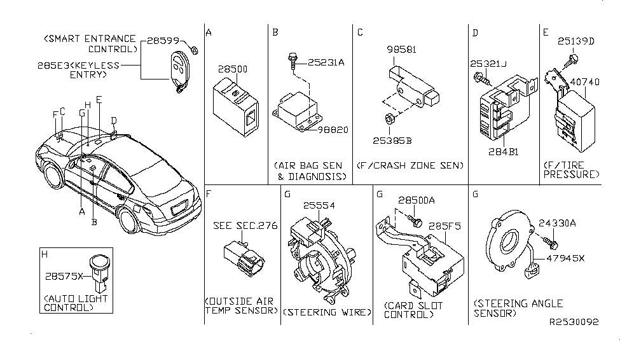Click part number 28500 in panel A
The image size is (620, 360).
point(233,69)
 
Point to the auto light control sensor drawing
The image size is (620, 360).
point(99,268)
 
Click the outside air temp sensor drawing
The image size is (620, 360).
point(242,260)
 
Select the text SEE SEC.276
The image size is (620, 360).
point(245,226)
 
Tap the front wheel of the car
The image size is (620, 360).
point(54,181)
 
